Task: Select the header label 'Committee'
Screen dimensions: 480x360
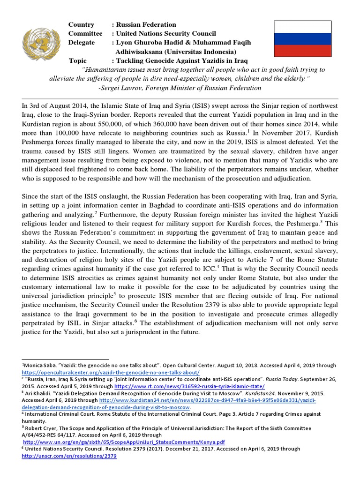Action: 85,33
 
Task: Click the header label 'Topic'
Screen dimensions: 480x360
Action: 78,60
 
